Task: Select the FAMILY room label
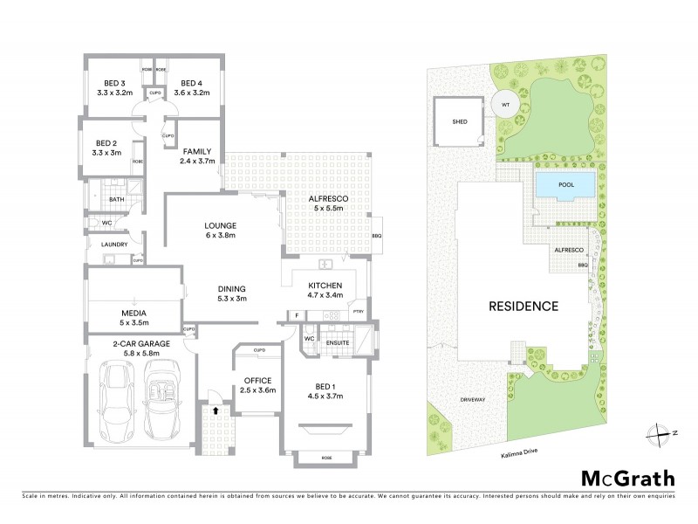click(196, 151)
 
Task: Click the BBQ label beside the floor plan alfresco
click(376, 236)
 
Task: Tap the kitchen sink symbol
click(325, 265)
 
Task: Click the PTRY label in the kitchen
click(358, 310)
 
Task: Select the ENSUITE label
click(337, 342)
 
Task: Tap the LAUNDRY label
click(114, 245)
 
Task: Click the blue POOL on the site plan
click(565, 185)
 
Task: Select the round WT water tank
click(504, 104)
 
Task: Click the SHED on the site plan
click(458, 122)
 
